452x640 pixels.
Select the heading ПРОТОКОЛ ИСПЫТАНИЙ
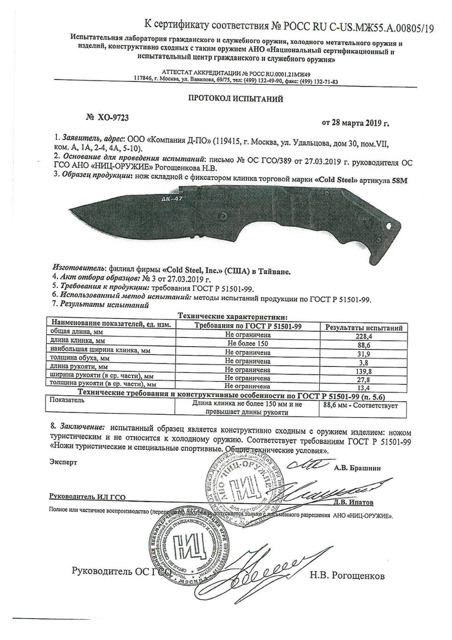tap(227, 99)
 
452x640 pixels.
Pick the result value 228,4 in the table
tap(362, 335)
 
